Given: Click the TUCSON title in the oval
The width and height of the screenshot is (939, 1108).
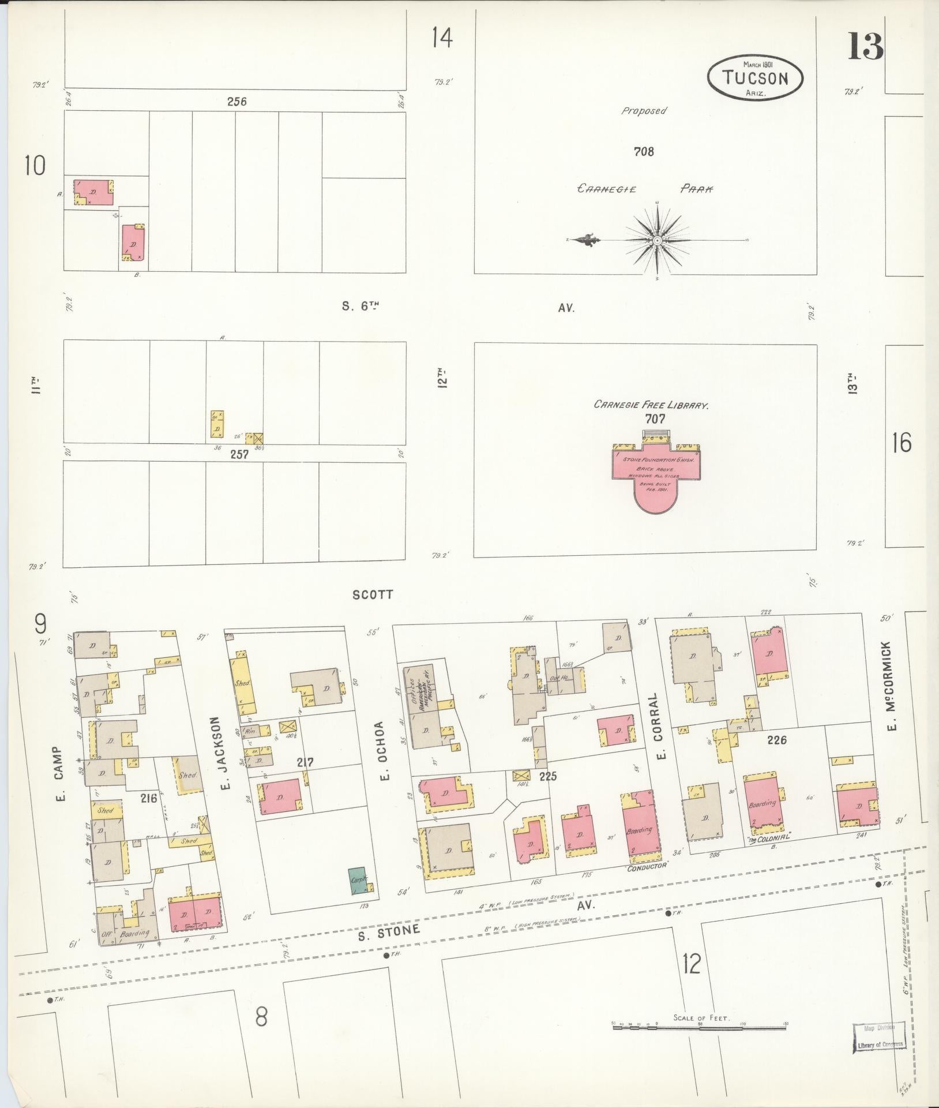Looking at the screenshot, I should click(x=755, y=77).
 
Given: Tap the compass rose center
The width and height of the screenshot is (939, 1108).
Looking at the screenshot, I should click(x=657, y=239).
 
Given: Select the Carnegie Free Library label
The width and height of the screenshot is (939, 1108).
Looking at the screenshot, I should click(x=651, y=406).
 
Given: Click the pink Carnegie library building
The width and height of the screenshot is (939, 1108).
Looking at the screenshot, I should click(x=656, y=478).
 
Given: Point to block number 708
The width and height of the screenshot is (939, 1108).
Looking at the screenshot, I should click(x=643, y=152).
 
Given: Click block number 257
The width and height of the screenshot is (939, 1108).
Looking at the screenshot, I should click(x=239, y=454).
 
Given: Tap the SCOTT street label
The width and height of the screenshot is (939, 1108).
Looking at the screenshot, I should click(x=373, y=594).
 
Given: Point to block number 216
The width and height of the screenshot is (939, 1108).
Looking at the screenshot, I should click(x=148, y=799).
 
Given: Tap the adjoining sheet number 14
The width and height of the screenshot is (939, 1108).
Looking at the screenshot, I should click(x=442, y=38).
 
